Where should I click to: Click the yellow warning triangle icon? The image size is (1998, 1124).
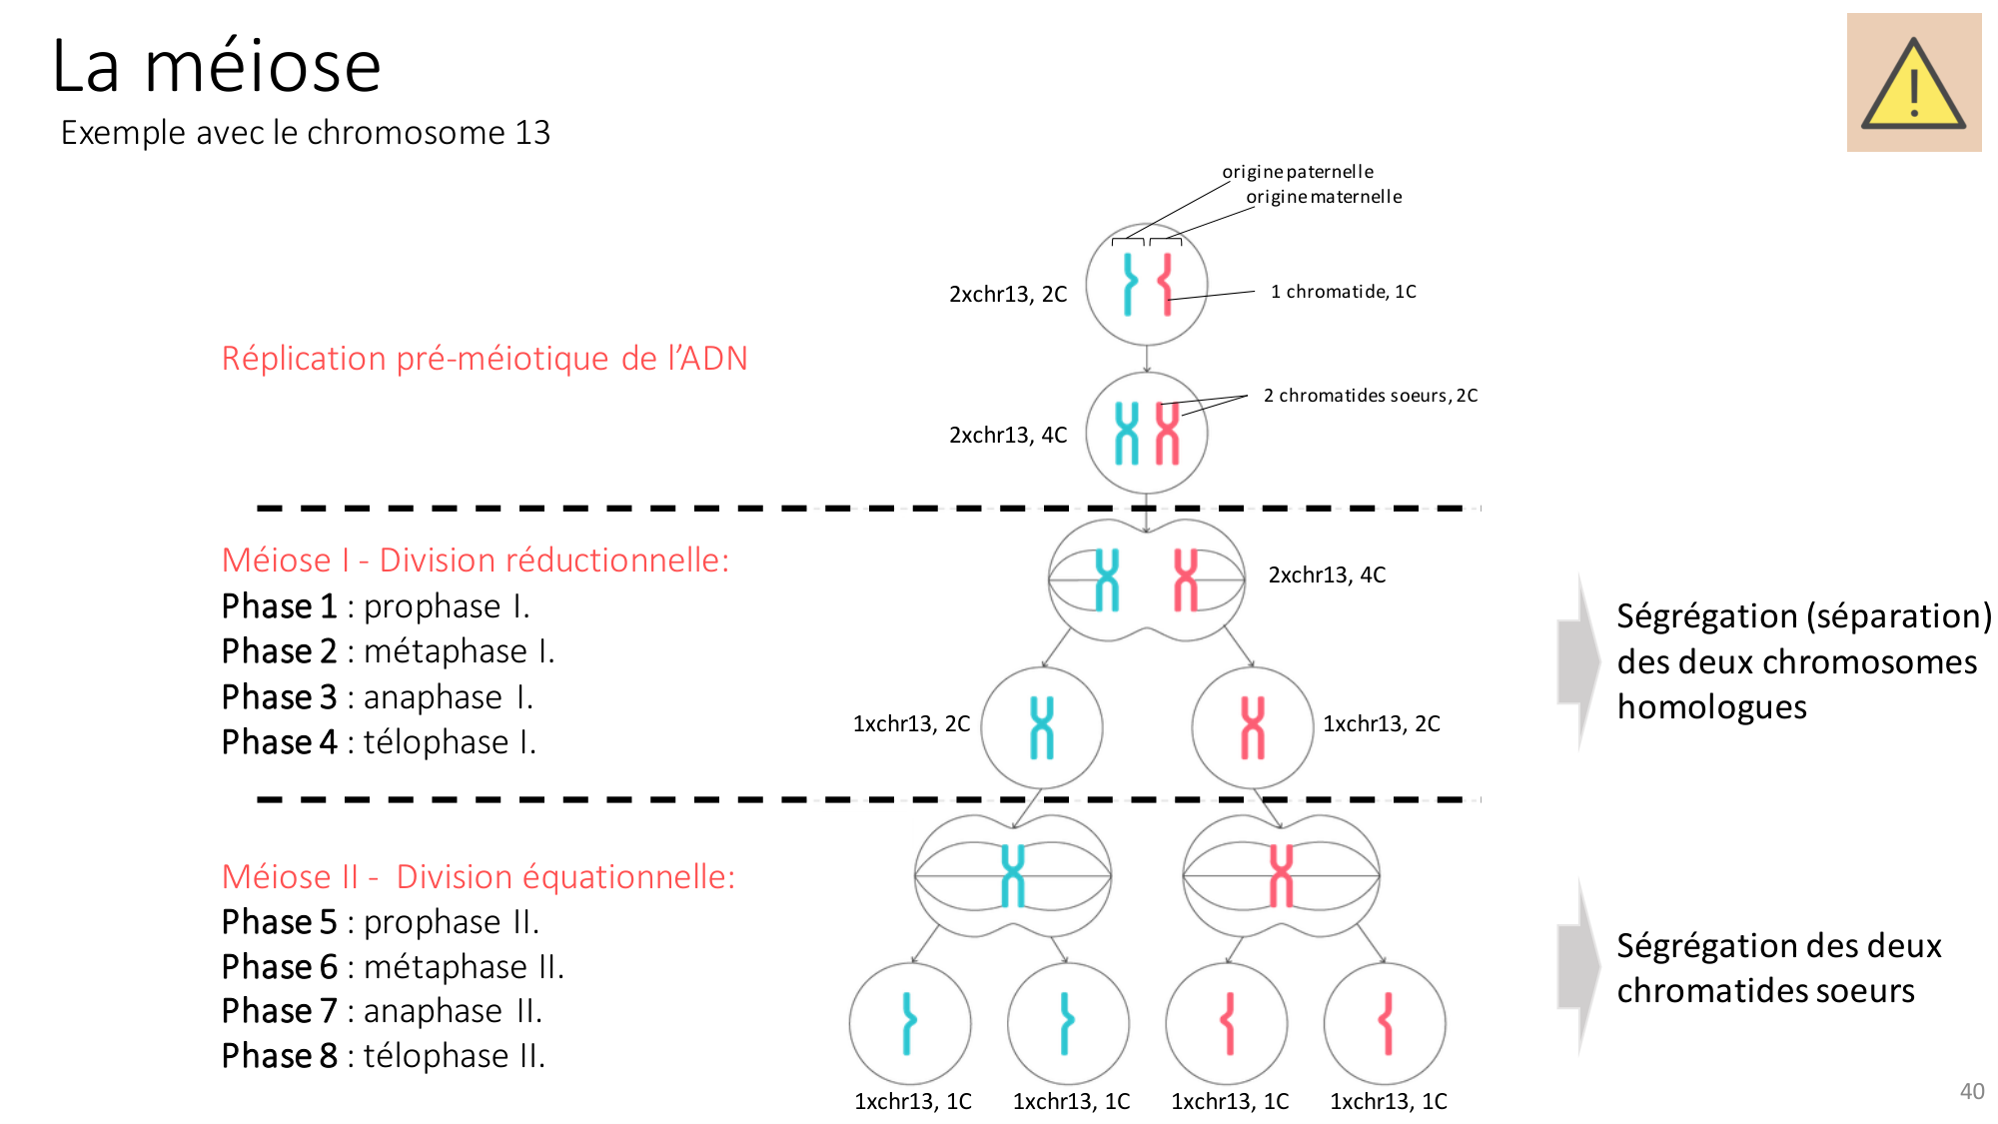coord(1913,86)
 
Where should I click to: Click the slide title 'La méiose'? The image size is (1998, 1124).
coord(217,66)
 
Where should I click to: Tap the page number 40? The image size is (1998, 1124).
coord(1971,1091)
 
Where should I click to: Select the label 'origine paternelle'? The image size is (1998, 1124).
coord(1297,172)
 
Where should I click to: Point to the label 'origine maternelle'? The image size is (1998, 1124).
coord(1323,197)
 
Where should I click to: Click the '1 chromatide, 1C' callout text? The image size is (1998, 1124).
coord(1343,292)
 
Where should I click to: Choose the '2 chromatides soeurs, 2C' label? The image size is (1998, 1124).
coord(1370,396)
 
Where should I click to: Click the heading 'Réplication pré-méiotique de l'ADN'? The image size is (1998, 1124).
coord(485,358)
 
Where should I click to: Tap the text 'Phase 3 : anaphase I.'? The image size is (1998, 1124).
coord(378,697)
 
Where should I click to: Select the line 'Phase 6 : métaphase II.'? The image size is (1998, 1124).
coord(393,967)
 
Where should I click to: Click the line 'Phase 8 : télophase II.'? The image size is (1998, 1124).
coord(384,1056)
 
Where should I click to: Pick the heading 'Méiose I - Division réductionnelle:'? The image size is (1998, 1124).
coord(476,561)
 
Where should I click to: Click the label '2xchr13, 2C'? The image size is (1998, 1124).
coord(1007,295)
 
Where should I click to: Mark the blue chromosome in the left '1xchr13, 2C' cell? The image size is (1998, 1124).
coord(1042,727)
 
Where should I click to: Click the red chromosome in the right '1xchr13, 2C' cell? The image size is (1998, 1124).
coord(1252,727)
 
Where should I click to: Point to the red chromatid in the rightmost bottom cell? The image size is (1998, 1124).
coord(1386,1023)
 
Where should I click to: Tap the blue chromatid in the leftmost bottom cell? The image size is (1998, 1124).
coord(908,1023)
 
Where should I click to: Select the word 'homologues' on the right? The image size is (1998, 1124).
coord(1711,707)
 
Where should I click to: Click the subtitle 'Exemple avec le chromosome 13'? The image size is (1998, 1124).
coord(305,133)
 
